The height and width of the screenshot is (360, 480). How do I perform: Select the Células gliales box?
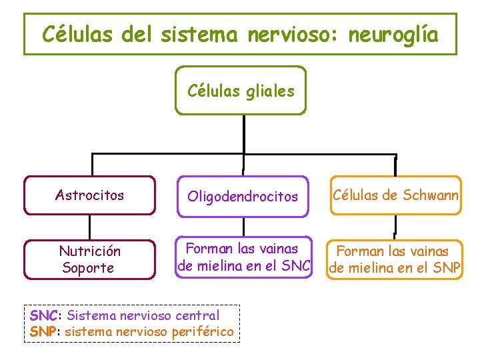tap(241, 91)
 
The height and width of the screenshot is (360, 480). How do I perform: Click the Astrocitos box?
tap(89, 195)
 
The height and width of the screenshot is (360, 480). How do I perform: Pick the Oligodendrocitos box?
tap(243, 196)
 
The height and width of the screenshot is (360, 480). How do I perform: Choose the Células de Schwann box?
tap(395, 195)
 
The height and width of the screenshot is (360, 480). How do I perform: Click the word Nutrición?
tap(90, 251)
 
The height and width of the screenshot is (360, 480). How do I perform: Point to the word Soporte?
tap(88, 268)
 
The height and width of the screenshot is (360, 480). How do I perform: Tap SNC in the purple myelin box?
tap(295, 267)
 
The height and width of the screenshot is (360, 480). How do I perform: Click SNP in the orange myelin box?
tap(447, 269)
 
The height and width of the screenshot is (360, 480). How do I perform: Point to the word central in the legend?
tap(196, 315)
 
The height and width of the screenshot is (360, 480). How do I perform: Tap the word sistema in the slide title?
tap(198, 34)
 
